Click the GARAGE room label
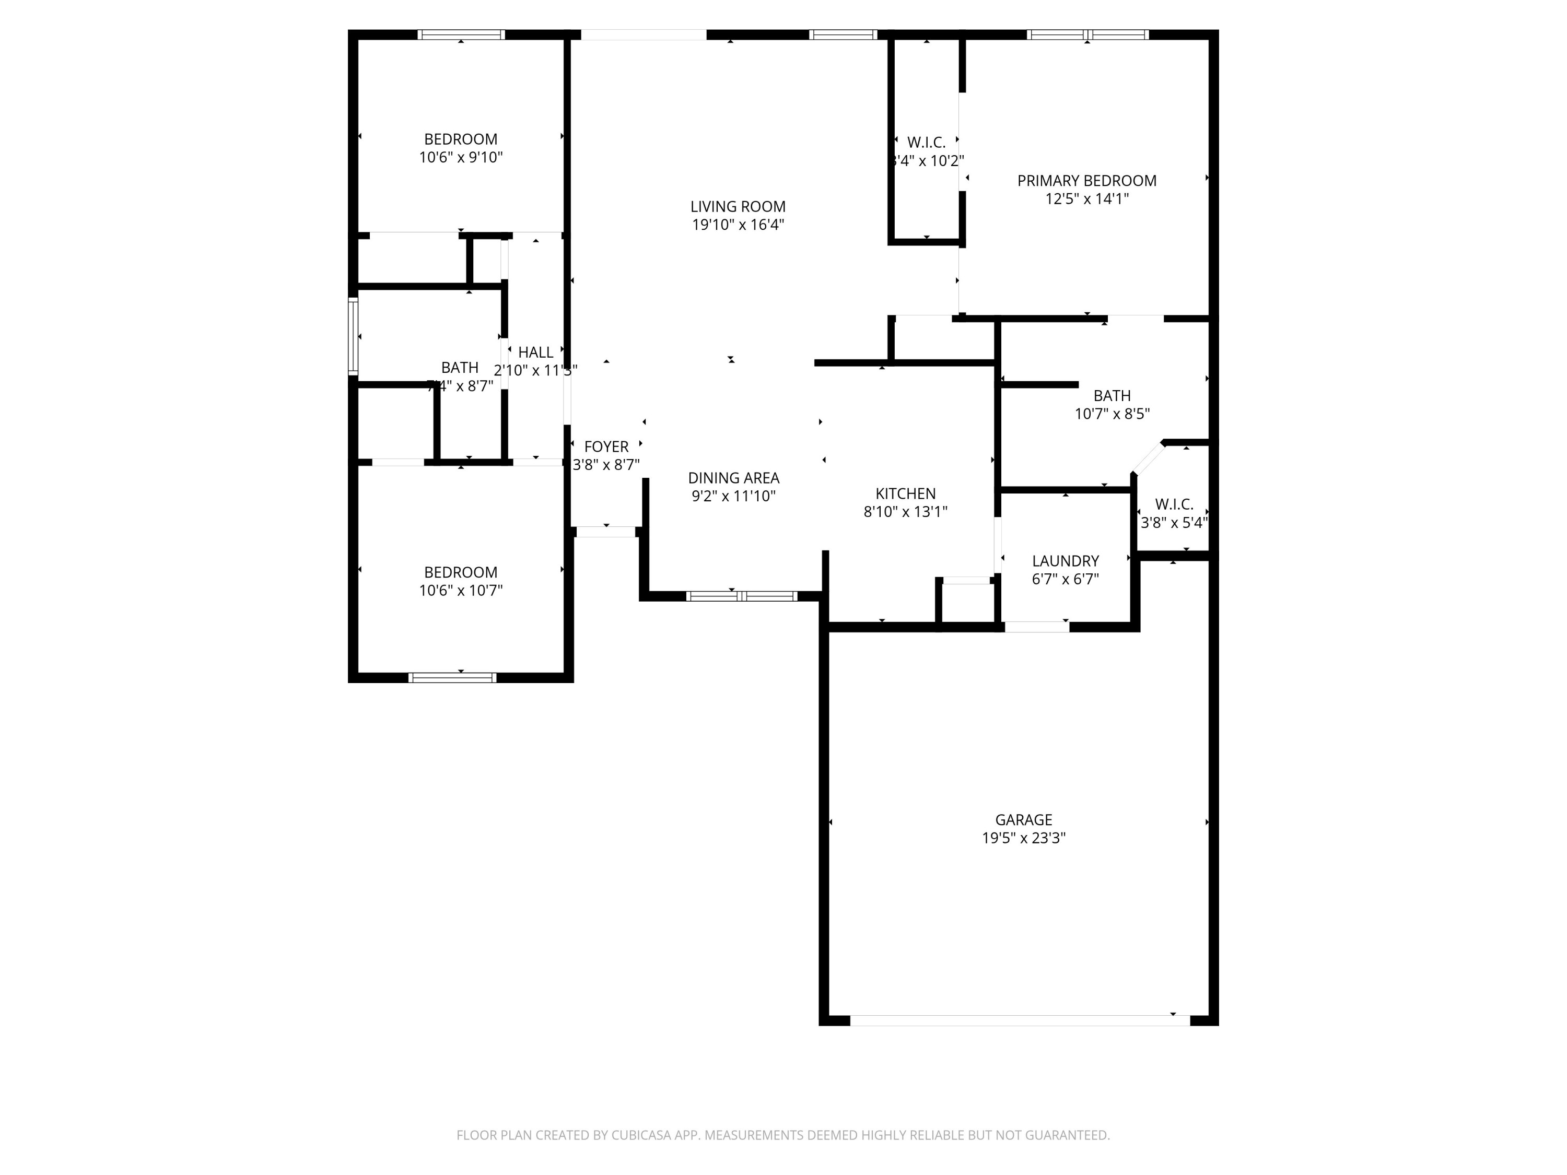pyautogui.click(x=1023, y=819)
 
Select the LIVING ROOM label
pyautogui.click(x=738, y=207)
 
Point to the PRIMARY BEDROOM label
pyautogui.click(x=1086, y=181)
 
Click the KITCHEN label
pyautogui.click(x=905, y=494)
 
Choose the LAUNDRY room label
pyautogui.click(x=1065, y=561)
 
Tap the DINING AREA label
pyautogui.click(x=733, y=478)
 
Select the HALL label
pyautogui.click(x=535, y=352)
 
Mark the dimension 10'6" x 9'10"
pyautogui.click(x=461, y=157)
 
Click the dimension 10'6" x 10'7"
pyautogui.click(x=461, y=591)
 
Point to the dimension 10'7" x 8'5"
pyautogui.click(x=1112, y=414)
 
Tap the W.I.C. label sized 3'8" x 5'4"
pyautogui.click(x=1174, y=504)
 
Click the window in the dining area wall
pyautogui.click(x=742, y=596)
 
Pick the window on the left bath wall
pyautogui.click(x=352, y=336)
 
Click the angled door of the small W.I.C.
pyautogui.click(x=1148, y=458)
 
